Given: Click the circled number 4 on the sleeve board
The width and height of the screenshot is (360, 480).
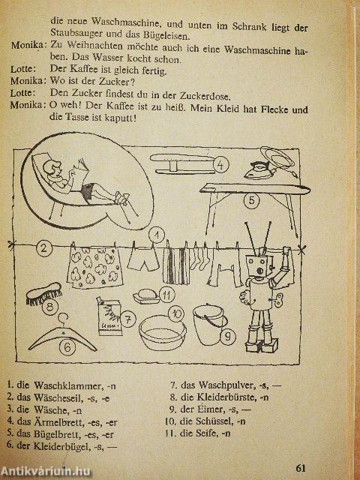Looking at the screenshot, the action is click(220, 165).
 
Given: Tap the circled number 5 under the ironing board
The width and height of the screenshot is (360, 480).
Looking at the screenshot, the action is click(251, 200).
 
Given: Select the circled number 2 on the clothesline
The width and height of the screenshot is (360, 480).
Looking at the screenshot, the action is click(43, 247).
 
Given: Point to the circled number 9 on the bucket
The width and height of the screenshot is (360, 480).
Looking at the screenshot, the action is click(227, 337).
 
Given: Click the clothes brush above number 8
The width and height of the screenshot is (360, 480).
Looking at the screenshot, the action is click(43, 293).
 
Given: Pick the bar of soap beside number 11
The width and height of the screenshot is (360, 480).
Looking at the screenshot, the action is click(147, 296).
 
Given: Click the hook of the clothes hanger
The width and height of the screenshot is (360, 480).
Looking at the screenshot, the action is click(63, 319).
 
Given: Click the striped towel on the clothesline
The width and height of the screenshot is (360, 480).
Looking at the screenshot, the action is click(175, 264).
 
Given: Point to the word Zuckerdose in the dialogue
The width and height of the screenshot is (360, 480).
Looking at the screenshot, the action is click(204, 97).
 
